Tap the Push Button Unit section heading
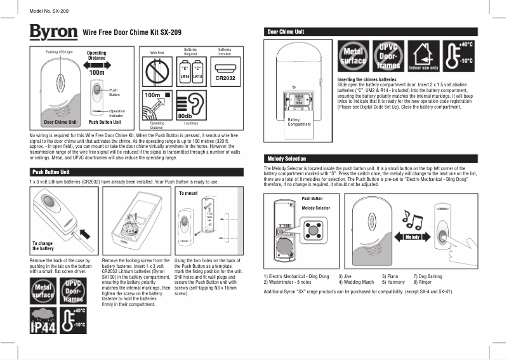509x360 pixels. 133,171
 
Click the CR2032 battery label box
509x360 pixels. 227,78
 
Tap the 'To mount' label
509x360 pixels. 188,192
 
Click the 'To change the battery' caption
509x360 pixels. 43,246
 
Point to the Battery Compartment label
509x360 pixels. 298,121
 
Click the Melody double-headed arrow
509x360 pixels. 413,237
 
